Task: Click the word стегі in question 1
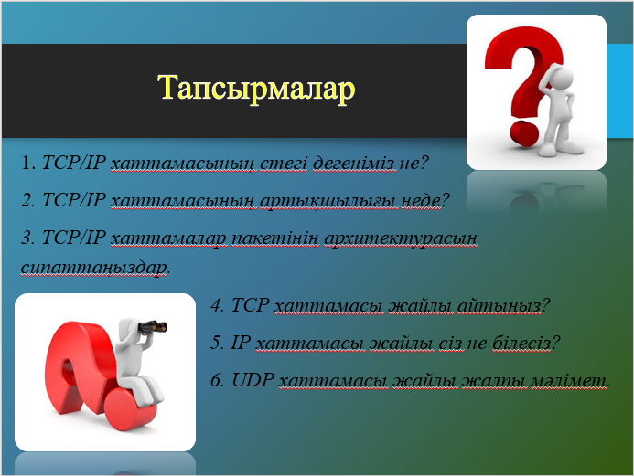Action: point(284,163)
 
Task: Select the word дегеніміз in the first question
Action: point(354,163)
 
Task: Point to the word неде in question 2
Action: point(421,200)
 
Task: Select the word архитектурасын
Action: point(401,238)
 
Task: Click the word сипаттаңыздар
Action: point(94,268)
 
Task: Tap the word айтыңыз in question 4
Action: point(500,305)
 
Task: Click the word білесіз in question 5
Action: point(521,343)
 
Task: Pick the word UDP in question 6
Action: point(253,380)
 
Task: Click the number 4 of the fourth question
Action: point(217,305)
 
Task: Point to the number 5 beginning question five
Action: point(216,343)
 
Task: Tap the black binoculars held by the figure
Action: point(153,326)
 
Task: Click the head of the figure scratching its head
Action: point(561,77)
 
